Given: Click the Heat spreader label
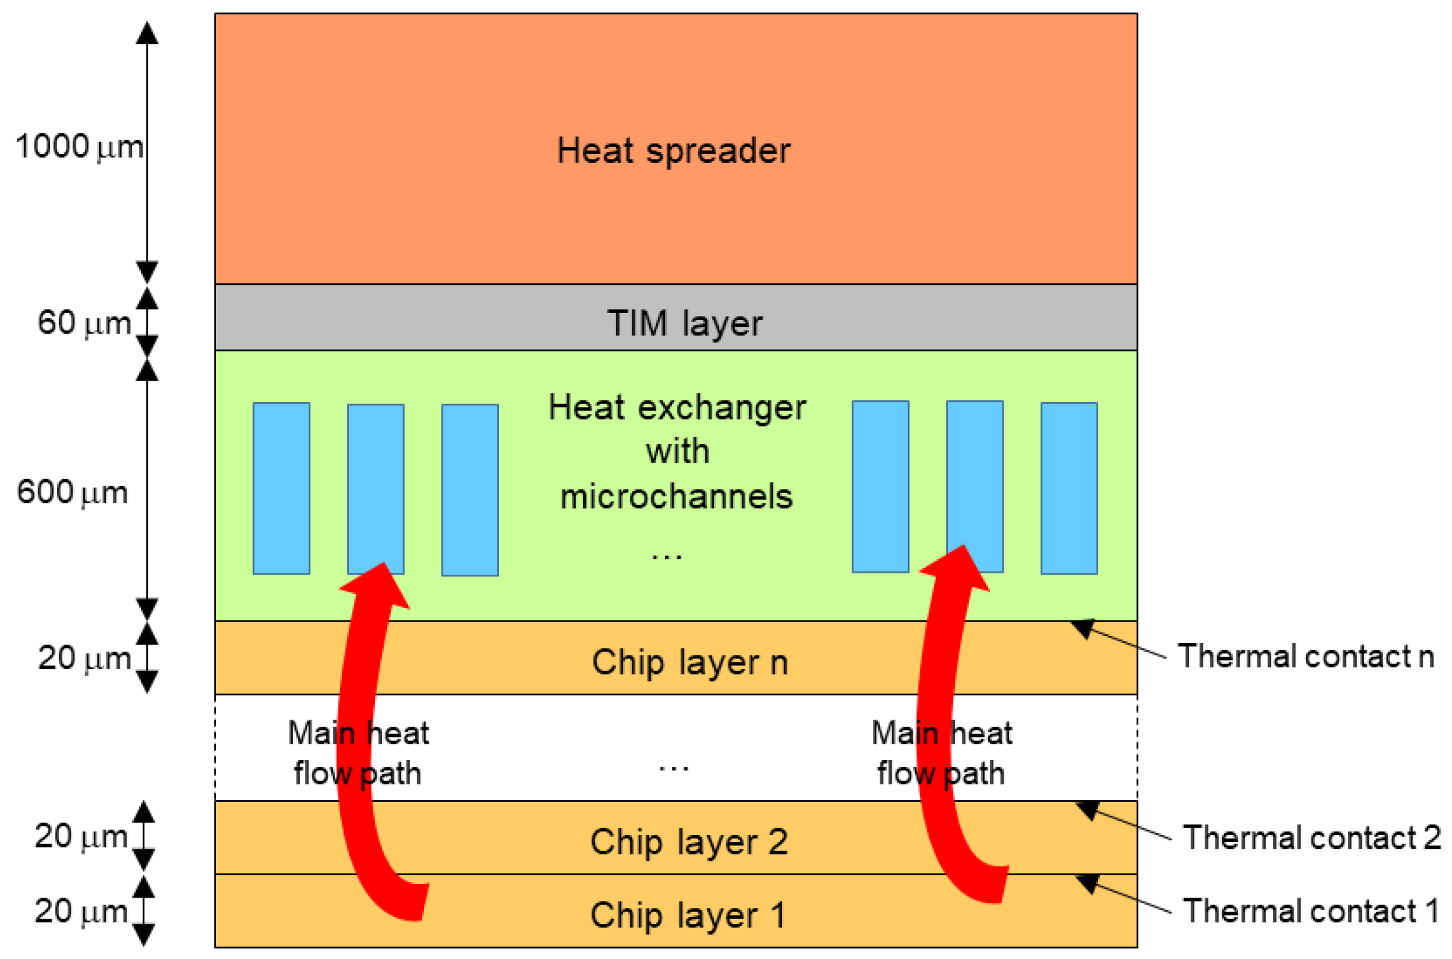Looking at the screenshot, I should tap(674, 151).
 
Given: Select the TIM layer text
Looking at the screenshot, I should tap(685, 323).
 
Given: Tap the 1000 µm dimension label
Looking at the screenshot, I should tap(79, 147).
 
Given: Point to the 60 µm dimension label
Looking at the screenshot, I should tap(85, 323).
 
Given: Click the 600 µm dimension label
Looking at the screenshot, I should tap(72, 492).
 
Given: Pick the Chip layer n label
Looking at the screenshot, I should tap(689, 662).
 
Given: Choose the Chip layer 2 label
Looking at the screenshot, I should tap(689, 841).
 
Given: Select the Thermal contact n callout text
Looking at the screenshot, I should tap(1305, 656).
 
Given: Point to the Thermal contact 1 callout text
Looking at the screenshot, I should tap(1310, 910).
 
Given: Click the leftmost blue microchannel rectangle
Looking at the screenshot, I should tap(281, 488).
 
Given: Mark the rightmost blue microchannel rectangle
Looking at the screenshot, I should tap(1069, 488).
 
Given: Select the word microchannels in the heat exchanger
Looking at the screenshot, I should tap(676, 496).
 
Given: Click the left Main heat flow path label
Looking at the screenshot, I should tap(358, 753).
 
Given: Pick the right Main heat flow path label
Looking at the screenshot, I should tap(941, 753).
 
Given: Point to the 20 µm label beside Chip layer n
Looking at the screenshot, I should tap(85, 659).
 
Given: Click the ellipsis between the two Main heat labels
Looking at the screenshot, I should tap(674, 767).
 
